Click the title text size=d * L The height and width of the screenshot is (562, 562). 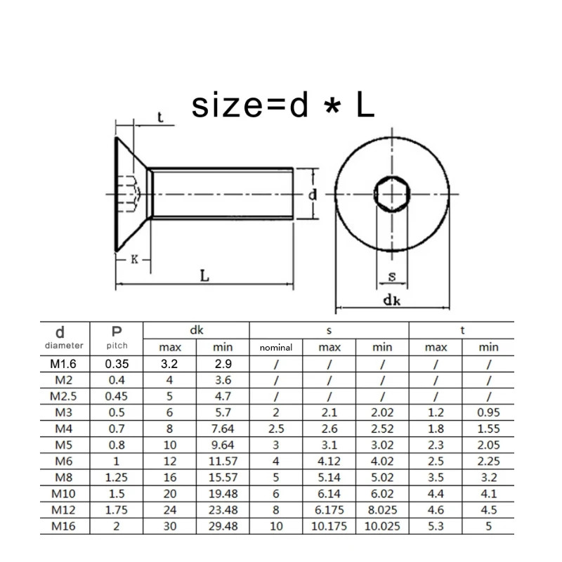pyautogui.click(x=283, y=105)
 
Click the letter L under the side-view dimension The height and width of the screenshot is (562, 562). pyautogui.click(x=204, y=276)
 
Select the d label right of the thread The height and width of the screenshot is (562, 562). pyautogui.click(x=313, y=195)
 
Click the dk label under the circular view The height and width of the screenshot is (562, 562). pyautogui.click(x=392, y=300)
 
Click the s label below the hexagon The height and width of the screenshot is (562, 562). pyautogui.click(x=392, y=277)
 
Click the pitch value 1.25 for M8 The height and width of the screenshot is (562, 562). pyautogui.click(x=117, y=477)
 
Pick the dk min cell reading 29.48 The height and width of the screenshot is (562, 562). pyautogui.click(x=223, y=525)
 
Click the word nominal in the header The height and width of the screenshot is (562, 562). pyautogui.click(x=276, y=348)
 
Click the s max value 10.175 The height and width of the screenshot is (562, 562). pyautogui.click(x=329, y=525)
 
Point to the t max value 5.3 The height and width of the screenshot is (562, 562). pyautogui.click(x=436, y=525)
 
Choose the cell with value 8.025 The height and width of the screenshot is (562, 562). pyautogui.click(x=382, y=509)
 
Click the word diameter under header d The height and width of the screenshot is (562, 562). pyautogui.click(x=64, y=346)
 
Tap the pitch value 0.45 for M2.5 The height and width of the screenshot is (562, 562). pyautogui.click(x=117, y=396)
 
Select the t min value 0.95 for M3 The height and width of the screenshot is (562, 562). pyautogui.click(x=488, y=412)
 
